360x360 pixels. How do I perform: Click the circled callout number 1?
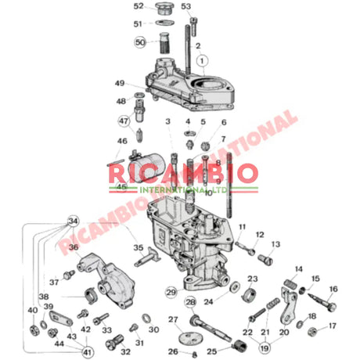pyautogui.click(x=202, y=59)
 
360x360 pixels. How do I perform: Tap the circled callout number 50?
pyautogui.click(x=140, y=41)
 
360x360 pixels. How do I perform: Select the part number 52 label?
pyautogui.click(x=139, y=6)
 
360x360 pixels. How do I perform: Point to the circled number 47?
pyautogui.click(x=124, y=121)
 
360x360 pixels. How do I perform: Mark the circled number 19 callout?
pyautogui.click(x=265, y=347)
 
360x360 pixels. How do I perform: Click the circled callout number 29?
pyautogui.click(x=171, y=292)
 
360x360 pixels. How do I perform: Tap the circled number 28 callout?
pyautogui.click(x=190, y=302)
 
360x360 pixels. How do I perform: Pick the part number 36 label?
pyautogui.click(x=74, y=247)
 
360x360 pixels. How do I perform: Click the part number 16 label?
pyautogui.click(x=333, y=289)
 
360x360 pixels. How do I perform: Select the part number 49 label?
pyautogui.click(x=120, y=83)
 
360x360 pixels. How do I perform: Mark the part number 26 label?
pyautogui.click(x=173, y=351)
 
